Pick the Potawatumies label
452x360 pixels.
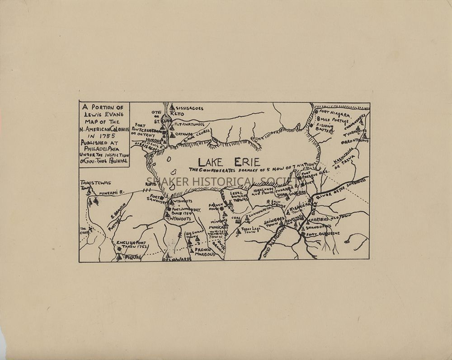(189, 124)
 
